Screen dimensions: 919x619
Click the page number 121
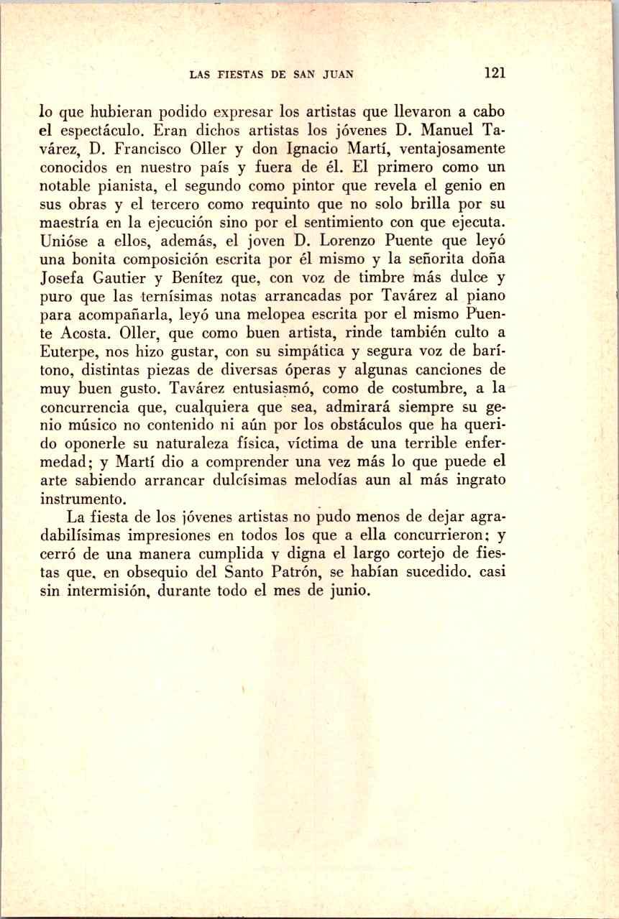(x=496, y=73)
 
